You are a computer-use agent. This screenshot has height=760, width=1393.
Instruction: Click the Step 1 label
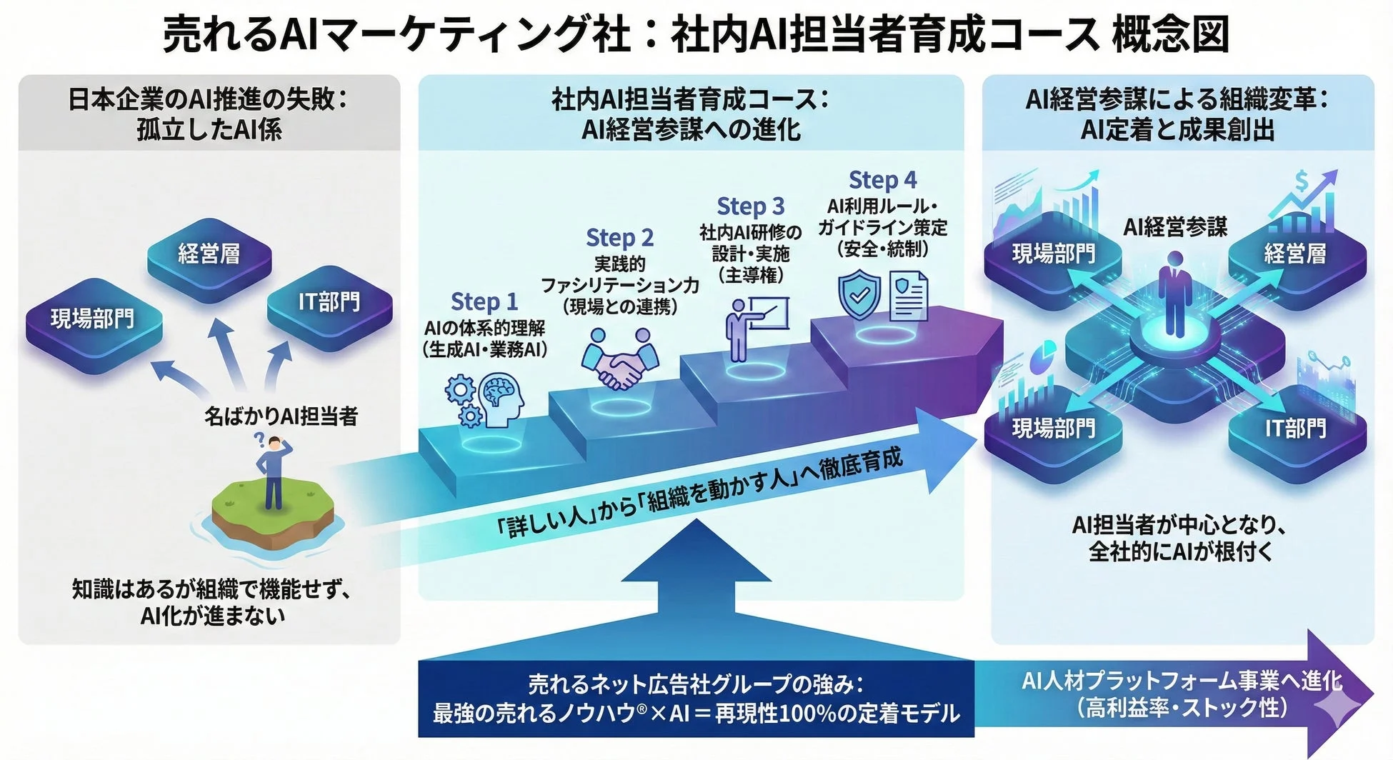[x=484, y=302]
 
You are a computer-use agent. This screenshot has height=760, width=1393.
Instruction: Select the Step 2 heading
[x=619, y=238]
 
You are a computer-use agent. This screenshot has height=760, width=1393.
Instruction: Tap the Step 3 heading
[x=750, y=206]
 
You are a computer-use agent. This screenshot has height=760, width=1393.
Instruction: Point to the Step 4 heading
[x=882, y=180]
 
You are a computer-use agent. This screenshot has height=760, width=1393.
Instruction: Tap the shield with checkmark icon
[x=859, y=294]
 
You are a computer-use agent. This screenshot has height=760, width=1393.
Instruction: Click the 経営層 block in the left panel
[x=209, y=256]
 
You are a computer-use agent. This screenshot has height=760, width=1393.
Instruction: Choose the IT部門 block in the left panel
[x=329, y=304]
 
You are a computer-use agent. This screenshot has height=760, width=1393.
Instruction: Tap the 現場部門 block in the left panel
[x=92, y=320]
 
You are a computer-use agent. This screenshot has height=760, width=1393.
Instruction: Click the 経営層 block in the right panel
[x=1294, y=254]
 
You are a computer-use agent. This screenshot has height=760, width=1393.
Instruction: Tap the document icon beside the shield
[x=908, y=296]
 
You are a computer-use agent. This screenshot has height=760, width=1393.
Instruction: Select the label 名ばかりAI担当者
[x=281, y=416]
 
